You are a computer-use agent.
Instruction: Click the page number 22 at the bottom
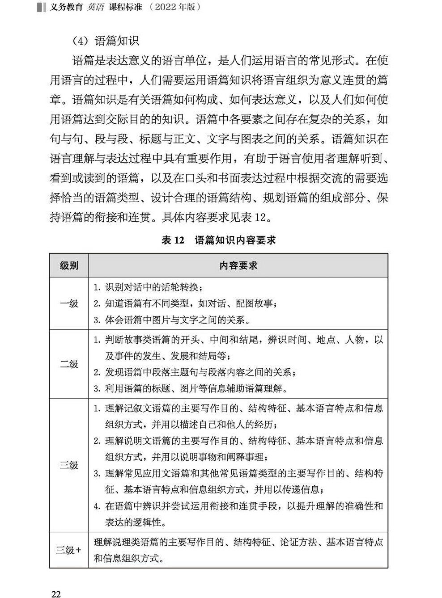[56, 594]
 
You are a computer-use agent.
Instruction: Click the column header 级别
[69, 265]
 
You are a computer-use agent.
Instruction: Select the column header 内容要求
[238, 265]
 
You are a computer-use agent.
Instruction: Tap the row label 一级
[69, 303]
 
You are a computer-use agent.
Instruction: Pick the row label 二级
[69, 364]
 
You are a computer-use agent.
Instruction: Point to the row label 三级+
[69, 550]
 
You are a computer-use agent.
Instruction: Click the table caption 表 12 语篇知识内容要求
[218, 240]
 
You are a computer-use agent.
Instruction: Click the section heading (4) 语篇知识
[106, 41]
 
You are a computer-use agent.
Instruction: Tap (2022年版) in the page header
[175, 7]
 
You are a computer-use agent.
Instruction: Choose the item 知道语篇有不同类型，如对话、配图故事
[185, 304]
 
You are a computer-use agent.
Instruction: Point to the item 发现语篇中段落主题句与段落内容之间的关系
[195, 372]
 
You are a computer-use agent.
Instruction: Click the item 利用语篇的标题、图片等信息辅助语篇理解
[190, 388]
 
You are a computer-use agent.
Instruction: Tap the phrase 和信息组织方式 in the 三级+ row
[128, 558]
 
